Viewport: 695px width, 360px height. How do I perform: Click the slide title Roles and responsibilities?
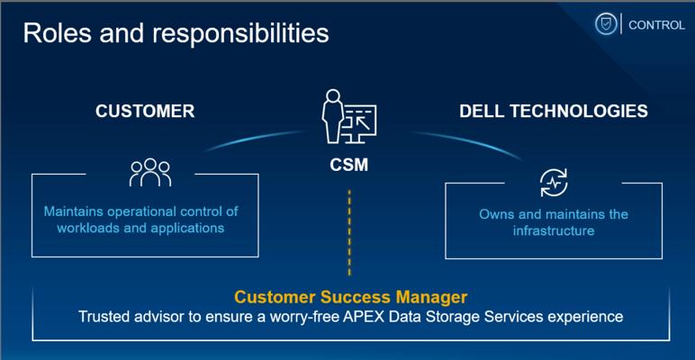click(176, 33)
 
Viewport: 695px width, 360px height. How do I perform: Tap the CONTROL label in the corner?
click(656, 25)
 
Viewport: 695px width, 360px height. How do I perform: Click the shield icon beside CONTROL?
click(605, 24)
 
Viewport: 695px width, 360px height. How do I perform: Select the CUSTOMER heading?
click(145, 111)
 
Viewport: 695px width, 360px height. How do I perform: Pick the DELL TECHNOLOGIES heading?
click(553, 111)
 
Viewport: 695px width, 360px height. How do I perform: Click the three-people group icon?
click(149, 173)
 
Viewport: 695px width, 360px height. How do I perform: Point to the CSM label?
click(349, 166)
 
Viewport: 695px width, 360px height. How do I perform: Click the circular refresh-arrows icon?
click(553, 183)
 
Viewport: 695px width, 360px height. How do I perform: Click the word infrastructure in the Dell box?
click(553, 230)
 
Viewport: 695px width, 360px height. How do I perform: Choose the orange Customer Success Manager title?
click(350, 296)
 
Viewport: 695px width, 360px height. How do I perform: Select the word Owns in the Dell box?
click(495, 214)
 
